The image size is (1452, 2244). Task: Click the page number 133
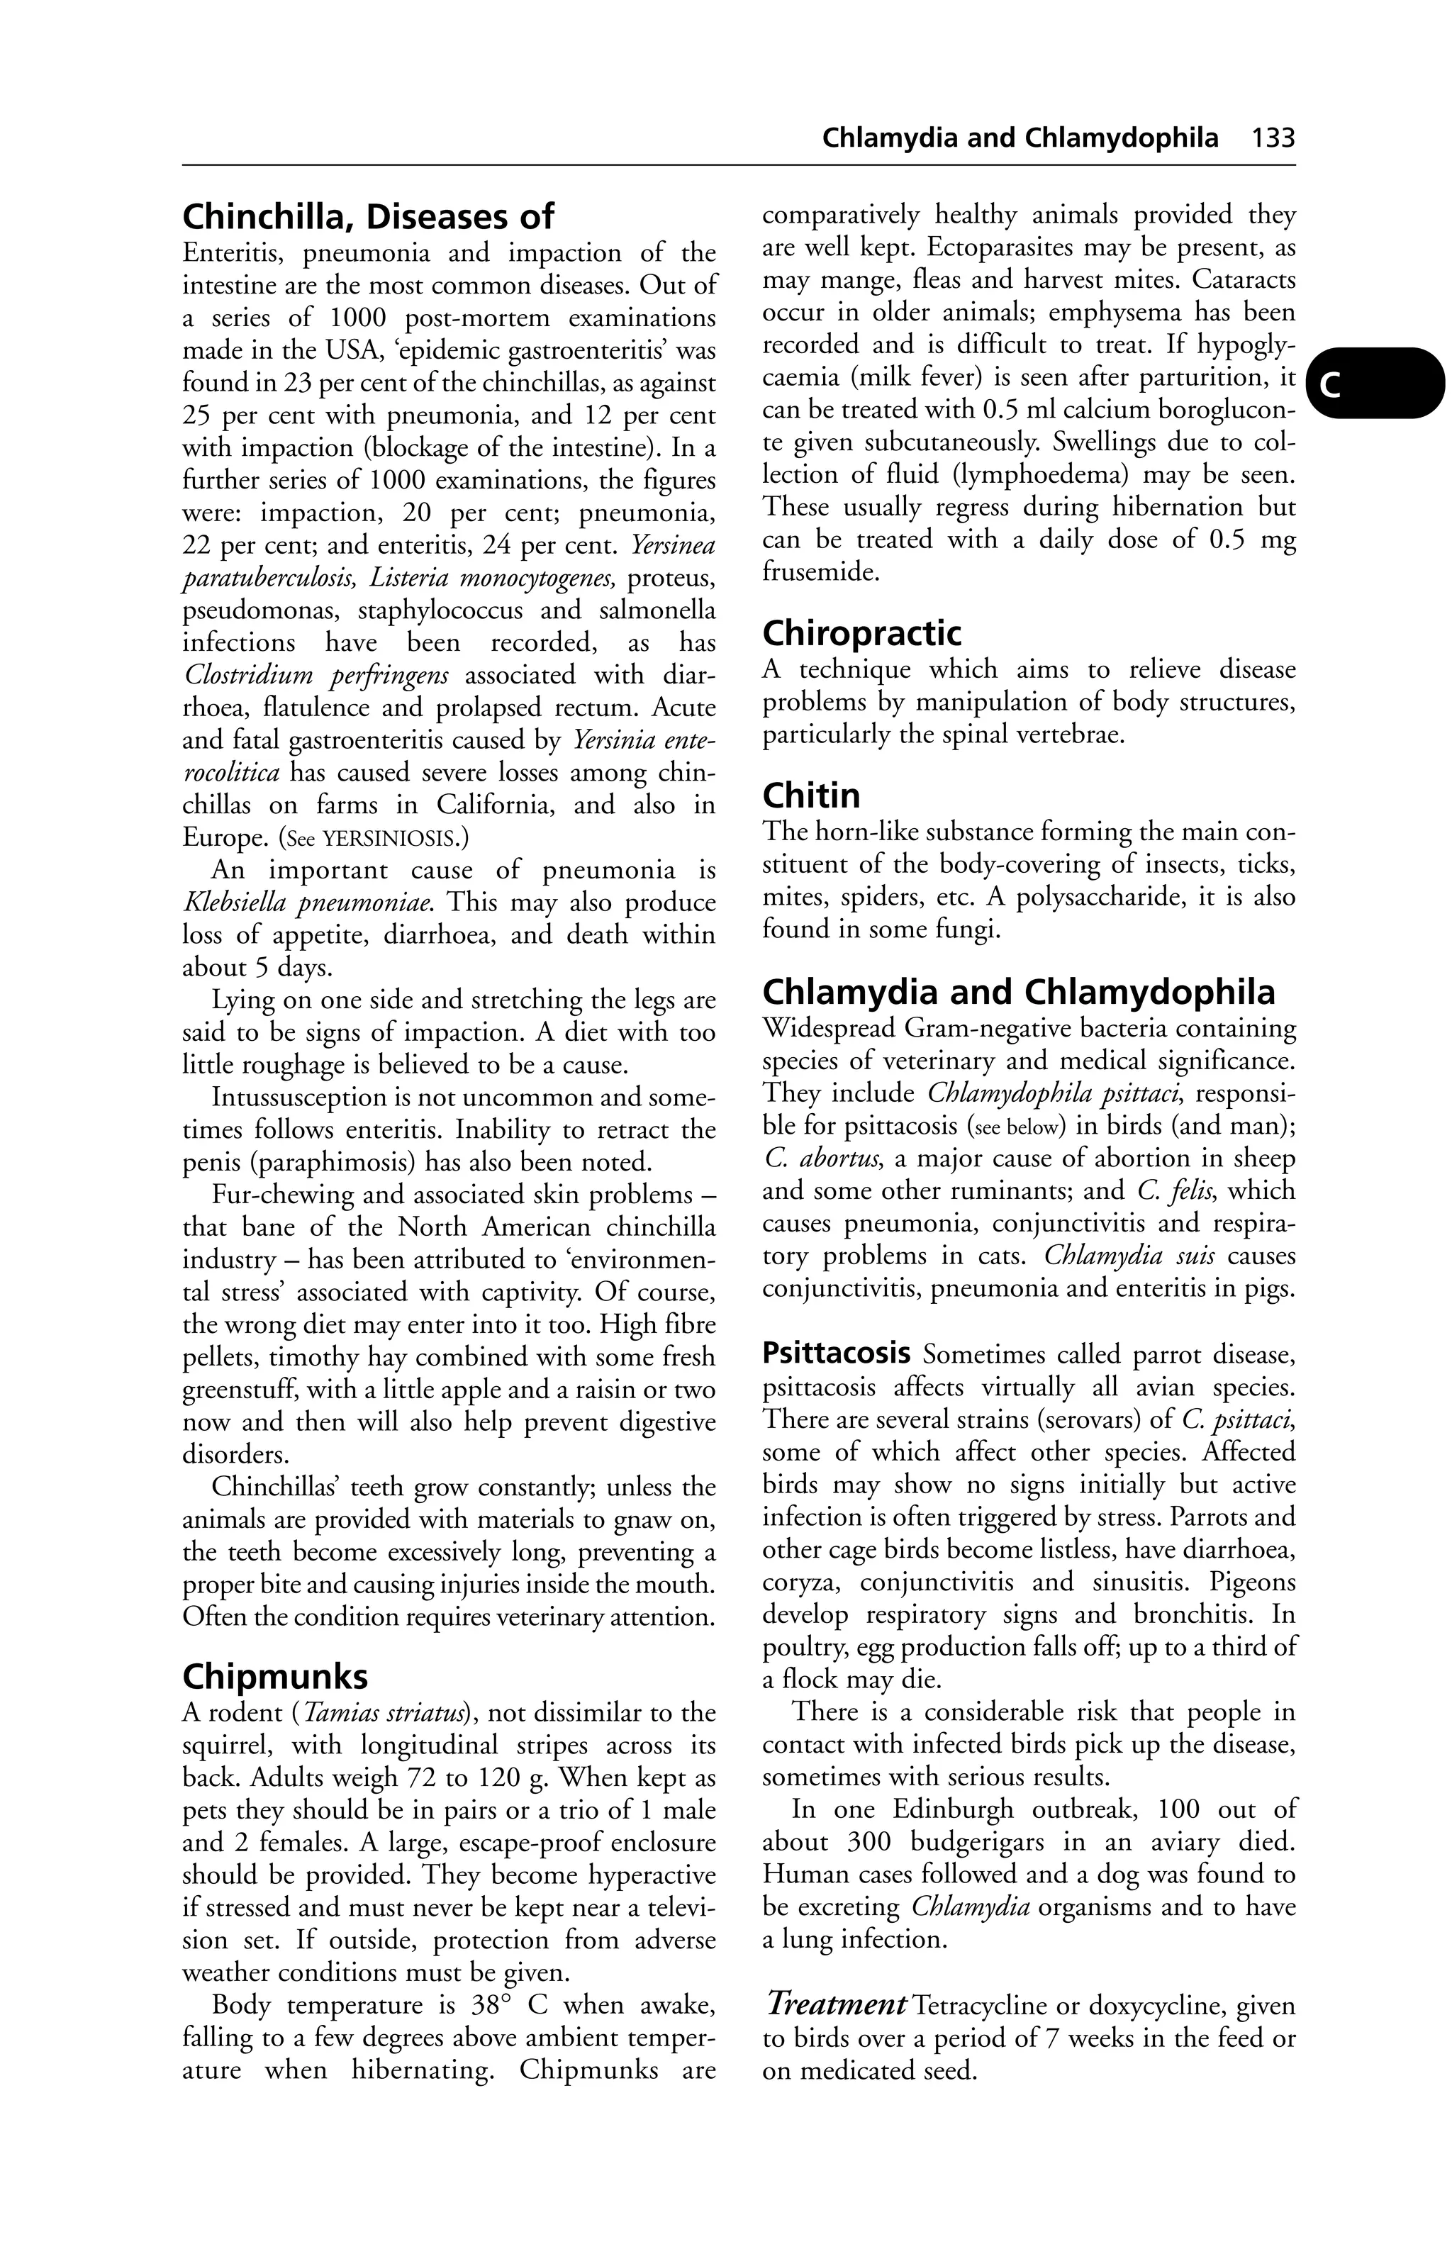pyautogui.click(x=1273, y=138)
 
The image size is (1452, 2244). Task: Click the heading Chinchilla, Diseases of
pyautogui.click(x=368, y=218)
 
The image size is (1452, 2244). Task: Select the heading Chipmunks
pyautogui.click(x=274, y=1676)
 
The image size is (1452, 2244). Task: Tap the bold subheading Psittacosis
pyautogui.click(x=835, y=1355)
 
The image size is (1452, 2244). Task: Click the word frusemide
pyautogui.click(x=820, y=571)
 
